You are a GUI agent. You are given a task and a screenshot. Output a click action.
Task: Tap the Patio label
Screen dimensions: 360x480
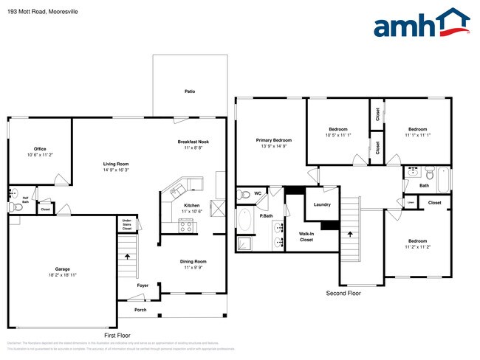coord(190,91)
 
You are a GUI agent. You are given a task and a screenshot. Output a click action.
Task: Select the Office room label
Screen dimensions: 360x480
coord(40,149)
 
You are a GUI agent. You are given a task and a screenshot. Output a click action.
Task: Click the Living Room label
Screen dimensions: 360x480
coord(115,164)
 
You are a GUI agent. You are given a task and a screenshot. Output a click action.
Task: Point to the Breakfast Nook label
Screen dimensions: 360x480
coord(193,142)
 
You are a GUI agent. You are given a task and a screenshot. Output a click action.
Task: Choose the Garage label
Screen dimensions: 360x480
coord(62,269)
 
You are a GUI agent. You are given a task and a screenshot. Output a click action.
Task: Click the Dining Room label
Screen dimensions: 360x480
coord(193,261)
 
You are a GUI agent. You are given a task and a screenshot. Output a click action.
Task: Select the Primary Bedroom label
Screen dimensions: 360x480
coord(274,140)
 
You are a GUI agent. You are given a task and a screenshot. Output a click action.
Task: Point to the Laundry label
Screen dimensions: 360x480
coord(322,204)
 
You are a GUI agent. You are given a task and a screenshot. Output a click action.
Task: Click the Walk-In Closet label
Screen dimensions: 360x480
coord(306,237)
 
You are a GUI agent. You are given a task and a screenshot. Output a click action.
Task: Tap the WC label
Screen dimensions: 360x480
coord(258,194)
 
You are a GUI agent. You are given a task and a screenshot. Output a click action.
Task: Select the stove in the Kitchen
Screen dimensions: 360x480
coord(185,226)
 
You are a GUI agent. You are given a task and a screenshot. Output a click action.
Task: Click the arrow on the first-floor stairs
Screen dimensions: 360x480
coord(129,257)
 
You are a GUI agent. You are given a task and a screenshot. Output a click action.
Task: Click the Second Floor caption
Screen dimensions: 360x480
coord(344,293)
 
